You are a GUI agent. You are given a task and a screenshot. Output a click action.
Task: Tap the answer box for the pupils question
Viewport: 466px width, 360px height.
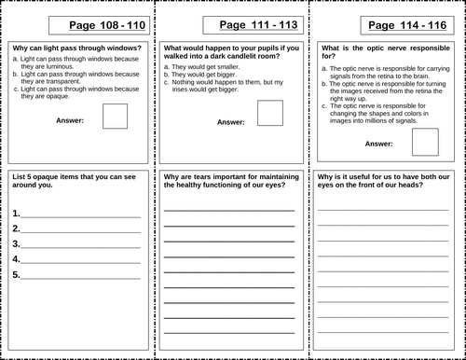(x=269, y=113)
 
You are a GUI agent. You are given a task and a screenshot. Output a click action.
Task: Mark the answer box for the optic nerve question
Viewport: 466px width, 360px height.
(x=424, y=141)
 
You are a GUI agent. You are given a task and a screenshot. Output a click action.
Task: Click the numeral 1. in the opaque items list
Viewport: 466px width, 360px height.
(x=17, y=214)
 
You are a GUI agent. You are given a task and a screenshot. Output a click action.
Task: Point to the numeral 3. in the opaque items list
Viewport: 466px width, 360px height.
(x=17, y=244)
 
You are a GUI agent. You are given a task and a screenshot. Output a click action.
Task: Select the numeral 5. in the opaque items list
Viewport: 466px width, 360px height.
(x=17, y=274)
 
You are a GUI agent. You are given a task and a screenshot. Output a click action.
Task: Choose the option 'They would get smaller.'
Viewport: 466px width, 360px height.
(x=205, y=67)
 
